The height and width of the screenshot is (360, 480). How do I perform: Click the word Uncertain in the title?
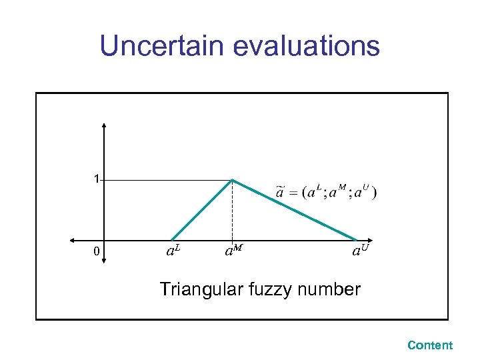tap(163, 46)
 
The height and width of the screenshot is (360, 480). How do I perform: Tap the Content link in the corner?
tap(429, 345)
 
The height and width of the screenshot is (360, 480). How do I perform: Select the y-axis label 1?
tap(97, 179)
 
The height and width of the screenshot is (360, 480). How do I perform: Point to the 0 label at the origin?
tap(97, 252)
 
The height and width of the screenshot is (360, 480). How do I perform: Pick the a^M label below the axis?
tap(233, 251)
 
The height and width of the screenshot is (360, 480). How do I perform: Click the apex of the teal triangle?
tap(232, 179)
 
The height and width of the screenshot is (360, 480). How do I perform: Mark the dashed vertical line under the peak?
tap(232, 213)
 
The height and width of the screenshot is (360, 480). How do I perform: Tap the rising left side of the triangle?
tap(202, 209)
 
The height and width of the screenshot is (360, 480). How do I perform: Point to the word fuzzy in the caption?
tap(271, 289)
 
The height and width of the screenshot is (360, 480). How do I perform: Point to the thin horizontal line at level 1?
tap(167, 179)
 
